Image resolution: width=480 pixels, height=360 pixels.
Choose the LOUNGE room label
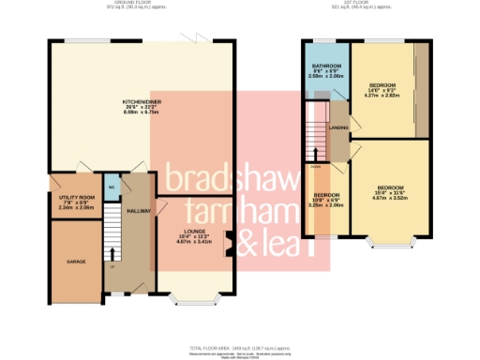194,234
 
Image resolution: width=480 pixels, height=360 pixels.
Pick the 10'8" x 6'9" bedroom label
325,199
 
